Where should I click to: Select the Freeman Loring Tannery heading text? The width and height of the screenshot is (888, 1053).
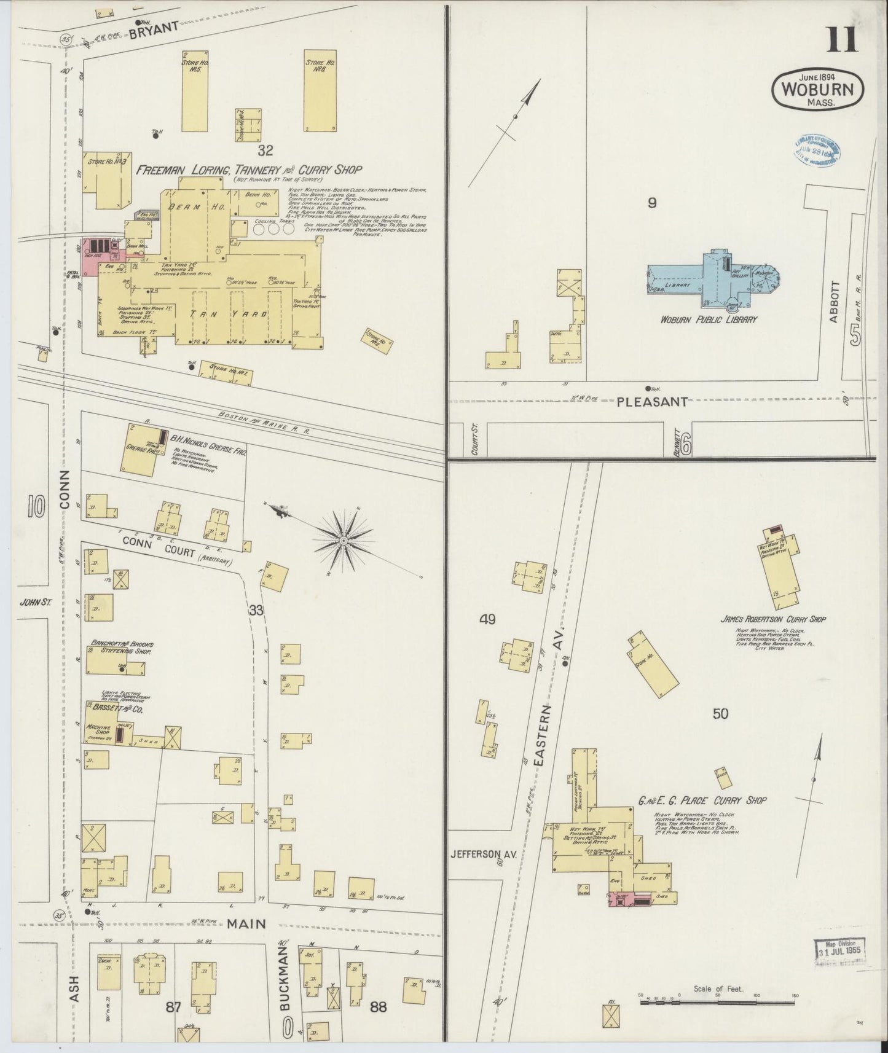point(249,170)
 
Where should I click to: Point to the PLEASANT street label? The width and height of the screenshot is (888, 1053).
point(651,402)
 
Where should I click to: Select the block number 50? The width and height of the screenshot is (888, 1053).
point(720,713)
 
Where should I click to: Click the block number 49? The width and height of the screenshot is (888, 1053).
point(487,619)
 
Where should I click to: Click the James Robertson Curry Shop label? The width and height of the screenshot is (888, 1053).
point(772,619)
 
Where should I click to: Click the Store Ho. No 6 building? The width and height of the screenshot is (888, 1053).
point(320,91)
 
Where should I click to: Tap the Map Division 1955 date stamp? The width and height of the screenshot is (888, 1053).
point(839,964)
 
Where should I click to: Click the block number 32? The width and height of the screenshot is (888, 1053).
point(265,150)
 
